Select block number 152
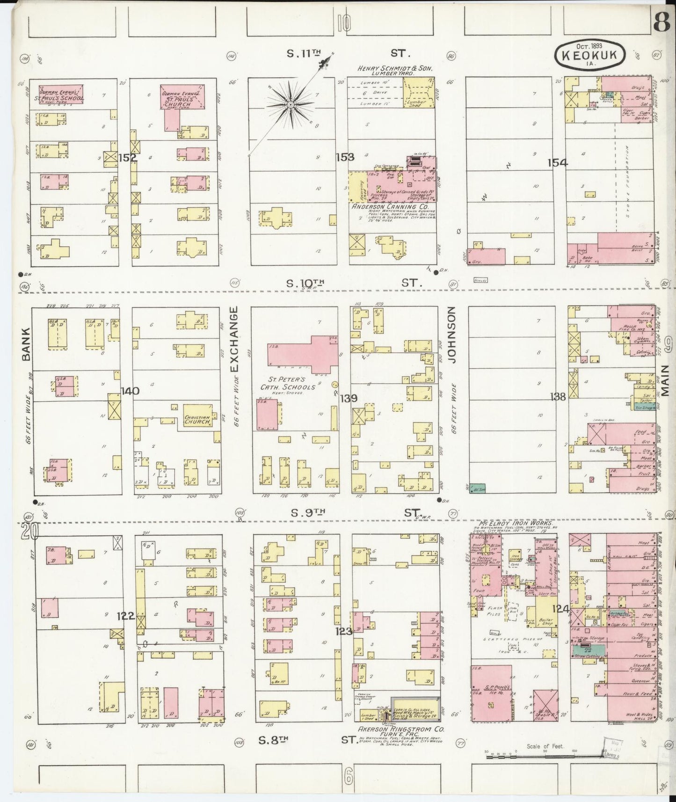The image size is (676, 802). [127, 158]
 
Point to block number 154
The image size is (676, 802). [558, 163]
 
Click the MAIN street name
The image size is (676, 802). [667, 381]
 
